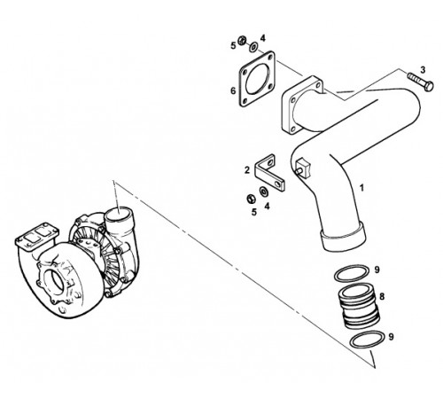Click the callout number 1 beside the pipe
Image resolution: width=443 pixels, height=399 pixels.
click(361, 188)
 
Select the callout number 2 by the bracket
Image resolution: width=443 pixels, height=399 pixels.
click(247, 170)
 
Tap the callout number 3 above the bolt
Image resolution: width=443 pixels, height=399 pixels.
click(423, 70)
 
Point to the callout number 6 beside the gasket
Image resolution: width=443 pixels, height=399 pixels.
click(233, 90)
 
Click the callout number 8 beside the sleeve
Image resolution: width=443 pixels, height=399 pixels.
click(382, 296)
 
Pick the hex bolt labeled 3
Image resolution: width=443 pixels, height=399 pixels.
click(421, 82)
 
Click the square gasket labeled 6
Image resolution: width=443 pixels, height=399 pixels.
click(257, 79)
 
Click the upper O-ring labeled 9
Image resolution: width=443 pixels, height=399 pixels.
click(352, 273)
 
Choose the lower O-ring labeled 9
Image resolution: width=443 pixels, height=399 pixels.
click(368, 339)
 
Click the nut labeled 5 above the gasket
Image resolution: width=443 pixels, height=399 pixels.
click(242, 40)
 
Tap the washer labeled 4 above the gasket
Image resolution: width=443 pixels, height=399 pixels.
click(253, 47)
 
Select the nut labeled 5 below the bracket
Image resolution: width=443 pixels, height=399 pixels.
click(251, 199)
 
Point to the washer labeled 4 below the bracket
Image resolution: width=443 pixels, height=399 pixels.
click(263, 192)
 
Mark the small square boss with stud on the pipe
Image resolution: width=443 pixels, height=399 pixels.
click(302, 168)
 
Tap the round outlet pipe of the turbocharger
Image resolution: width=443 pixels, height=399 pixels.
click(120, 219)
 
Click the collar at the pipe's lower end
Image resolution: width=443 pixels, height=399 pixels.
click(343, 239)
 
